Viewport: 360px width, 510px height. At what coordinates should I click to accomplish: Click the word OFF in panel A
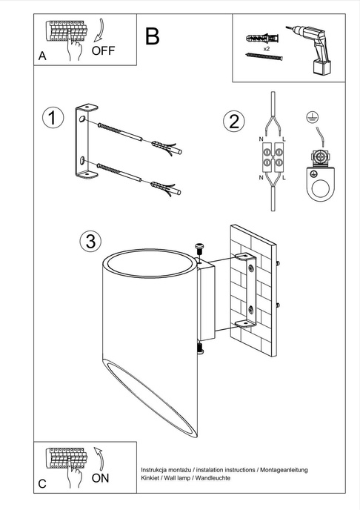(103, 51)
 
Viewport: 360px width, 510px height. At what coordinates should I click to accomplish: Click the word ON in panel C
(100, 478)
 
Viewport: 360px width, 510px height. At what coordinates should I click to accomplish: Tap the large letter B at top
(152, 36)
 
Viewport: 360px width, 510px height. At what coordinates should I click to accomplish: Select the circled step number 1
(53, 118)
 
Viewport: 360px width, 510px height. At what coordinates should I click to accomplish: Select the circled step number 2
(234, 122)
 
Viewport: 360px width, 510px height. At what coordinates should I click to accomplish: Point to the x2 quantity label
(265, 47)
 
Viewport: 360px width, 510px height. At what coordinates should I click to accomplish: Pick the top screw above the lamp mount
(199, 249)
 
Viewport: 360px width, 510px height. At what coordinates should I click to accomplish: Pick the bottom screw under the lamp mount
(199, 345)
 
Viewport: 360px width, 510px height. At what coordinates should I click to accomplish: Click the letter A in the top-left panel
(42, 56)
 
